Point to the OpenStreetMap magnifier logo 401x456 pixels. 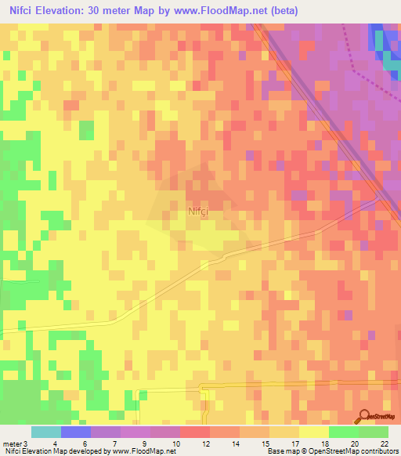[x=364, y=415]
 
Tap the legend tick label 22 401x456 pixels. [x=384, y=444]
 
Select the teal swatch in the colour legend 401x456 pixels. [x=46, y=432]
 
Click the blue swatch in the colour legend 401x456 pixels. [x=76, y=432]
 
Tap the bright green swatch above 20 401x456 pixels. [x=344, y=432]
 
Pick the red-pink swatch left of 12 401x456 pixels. [x=195, y=432]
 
